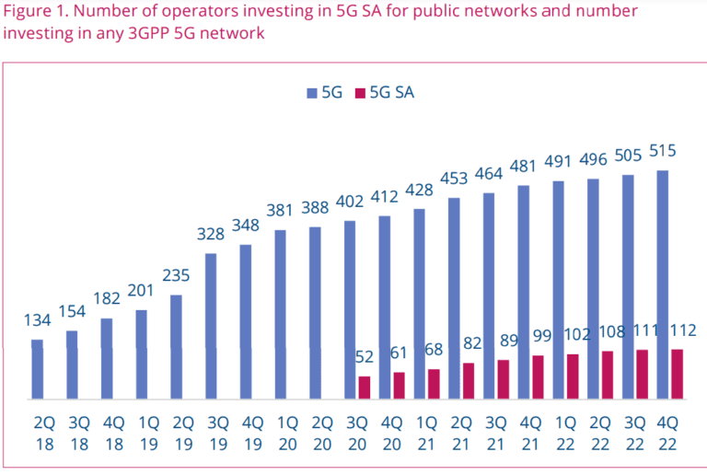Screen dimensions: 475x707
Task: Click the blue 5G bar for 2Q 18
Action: (x=37, y=369)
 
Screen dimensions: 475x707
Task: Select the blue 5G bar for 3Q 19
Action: (x=211, y=326)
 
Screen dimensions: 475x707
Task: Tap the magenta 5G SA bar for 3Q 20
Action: (x=365, y=388)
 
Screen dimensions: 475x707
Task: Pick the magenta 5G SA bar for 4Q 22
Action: (x=678, y=374)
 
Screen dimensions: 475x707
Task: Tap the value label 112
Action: (x=682, y=330)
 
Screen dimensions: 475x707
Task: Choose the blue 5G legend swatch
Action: (x=311, y=92)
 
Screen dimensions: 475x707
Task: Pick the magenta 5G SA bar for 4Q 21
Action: (x=538, y=377)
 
